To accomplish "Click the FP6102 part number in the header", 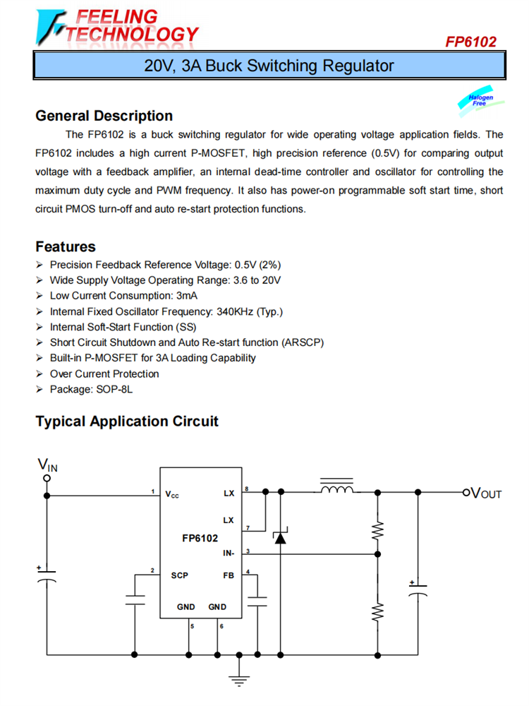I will (470, 42).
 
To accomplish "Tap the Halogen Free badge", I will (481, 101).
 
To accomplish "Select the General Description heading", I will (104, 116).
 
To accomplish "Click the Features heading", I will (66, 246).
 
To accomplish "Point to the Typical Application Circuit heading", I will (127, 421).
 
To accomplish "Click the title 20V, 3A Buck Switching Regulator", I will (269, 66).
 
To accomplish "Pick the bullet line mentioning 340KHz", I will (166, 311).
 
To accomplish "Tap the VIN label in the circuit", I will (48, 465).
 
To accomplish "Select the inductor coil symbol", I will (336, 489).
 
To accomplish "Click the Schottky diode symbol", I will (280, 538).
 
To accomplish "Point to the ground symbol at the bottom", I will (240, 681).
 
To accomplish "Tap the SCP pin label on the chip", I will (180, 575).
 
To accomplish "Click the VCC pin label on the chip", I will (172, 494).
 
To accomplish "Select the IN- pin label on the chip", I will (227, 553).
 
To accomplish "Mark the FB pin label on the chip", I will (229, 575).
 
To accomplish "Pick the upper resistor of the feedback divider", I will (377, 529).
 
